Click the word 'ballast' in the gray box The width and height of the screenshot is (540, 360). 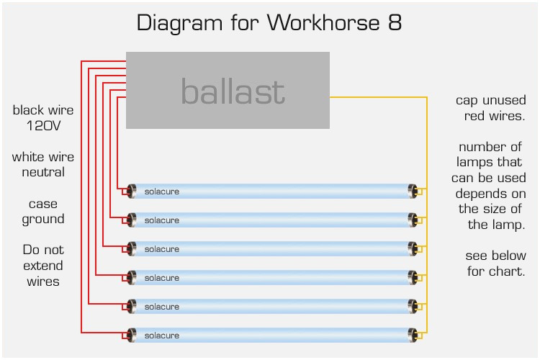point(233,91)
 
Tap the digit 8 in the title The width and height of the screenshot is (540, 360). point(395,23)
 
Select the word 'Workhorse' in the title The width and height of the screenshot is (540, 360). point(323,23)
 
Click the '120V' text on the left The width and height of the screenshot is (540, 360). point(43,126)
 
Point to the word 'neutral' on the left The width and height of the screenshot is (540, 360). point(43,172)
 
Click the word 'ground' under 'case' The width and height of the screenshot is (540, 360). point(43,220)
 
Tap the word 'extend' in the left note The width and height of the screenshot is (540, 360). point(43,266)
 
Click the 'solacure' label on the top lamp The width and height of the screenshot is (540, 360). point(162,192)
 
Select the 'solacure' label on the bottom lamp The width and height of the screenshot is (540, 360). point(162,336)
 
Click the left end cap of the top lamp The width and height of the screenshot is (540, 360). point(131,192)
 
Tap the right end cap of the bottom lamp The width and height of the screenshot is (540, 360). point(413,336)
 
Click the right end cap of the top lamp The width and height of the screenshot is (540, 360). point(413,192)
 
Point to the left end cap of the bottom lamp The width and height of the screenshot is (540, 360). point(131,336)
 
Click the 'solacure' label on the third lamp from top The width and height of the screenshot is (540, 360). point(162,249)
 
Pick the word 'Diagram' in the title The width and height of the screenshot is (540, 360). point(180,24)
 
